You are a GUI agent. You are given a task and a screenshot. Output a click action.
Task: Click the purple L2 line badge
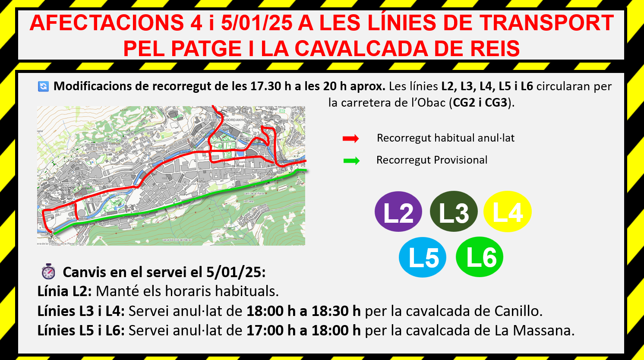[398, 212]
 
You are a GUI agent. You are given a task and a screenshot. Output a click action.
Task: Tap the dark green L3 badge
[454, 212]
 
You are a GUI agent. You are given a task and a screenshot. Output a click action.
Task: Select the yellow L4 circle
[507, 212]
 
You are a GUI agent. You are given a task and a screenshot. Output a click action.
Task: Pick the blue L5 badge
[423, 257]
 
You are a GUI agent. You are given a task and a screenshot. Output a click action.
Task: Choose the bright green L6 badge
[479, 257]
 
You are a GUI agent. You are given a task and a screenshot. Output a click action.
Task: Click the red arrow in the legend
[350, 139]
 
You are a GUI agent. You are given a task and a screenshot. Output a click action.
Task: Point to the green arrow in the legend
[351, 161]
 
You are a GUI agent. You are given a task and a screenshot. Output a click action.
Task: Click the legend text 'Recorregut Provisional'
[432, 160]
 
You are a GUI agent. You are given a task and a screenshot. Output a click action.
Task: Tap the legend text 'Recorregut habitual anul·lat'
[445, 138]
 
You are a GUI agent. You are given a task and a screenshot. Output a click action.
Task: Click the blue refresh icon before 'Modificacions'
[44, 86]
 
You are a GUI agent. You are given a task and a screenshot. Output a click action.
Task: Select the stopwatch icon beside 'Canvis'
[48, 272]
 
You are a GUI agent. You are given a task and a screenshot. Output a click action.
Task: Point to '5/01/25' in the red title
[256, 23]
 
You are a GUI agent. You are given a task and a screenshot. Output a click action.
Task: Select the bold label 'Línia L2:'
[64, 291]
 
